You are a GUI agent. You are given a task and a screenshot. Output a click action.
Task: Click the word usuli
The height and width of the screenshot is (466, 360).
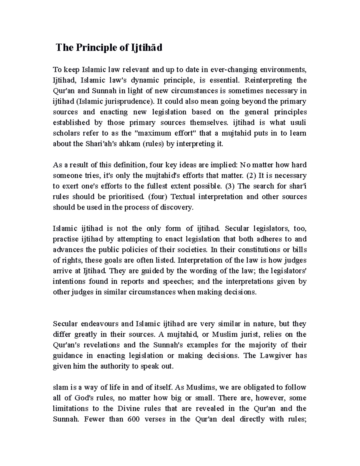(x=298, y=122)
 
